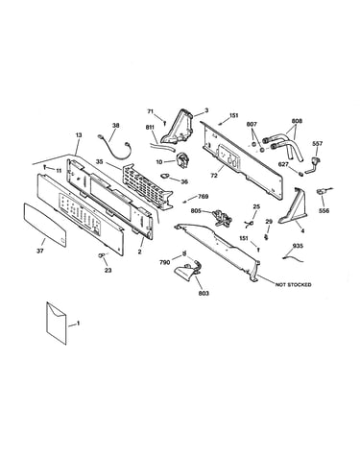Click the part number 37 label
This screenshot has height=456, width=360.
(39, 252)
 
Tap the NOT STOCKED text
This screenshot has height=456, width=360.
(293, 284)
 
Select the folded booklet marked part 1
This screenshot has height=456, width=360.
(57, 324)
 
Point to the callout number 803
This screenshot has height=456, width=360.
(204, 293)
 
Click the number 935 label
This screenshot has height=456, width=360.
(298, 246)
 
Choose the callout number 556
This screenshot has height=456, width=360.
(324, 211)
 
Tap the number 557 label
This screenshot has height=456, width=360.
(318, 144)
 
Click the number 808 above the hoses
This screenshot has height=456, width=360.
(297, 121)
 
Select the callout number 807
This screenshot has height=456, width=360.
(252, 124)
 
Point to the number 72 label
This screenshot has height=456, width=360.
(214, 176)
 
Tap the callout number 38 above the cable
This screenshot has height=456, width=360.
(115, 126)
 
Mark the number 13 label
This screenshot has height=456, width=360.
(79, 135)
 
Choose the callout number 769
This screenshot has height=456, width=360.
(204, 196)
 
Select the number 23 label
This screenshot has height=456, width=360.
(108, 271)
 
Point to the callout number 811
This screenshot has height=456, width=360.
(150, 128)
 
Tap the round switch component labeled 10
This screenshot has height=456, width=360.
(183, 159)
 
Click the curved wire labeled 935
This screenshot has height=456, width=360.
(293, 256)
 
